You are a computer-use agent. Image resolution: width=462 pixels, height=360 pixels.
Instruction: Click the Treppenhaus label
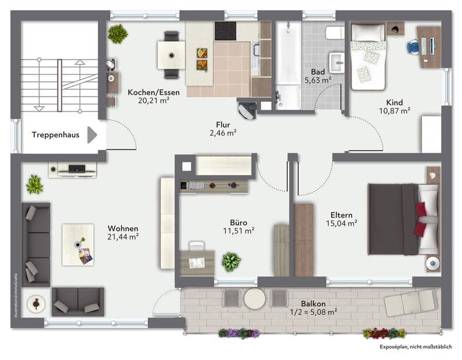pyautogui.click(x=55, y=135)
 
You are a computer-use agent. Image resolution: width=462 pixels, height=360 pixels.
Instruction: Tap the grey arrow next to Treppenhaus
pyautogui.click(x=92, y=135)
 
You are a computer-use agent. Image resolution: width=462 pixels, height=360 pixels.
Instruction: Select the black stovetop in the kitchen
pyautogui.click(x=225, y=31)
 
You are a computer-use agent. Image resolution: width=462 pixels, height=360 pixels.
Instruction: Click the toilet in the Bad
pyautogui.click(x=335, y=33)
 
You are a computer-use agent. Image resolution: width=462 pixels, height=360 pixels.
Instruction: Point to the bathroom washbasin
pyautogui.click(x=336, y=62)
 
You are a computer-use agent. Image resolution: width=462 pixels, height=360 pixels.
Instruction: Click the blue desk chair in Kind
pyautogui.click(x=413, y=47)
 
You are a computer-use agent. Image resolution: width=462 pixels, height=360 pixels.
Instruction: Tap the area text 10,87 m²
pyautogui.click(x=395, y=111)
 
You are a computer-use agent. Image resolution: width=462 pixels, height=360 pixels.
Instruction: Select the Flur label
pyautogui.click(x=223, y=124)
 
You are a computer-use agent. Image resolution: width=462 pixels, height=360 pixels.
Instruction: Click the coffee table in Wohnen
pyautogui.click(x=78, y=245)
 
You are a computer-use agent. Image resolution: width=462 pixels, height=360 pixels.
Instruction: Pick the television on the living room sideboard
pyautogui.click(x=77, y=169)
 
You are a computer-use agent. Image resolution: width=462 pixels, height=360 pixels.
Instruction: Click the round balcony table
pyautogui.click(x=255, y=298)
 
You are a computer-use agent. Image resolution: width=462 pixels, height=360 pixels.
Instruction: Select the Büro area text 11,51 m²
pyautogui.click(x=239, y=231)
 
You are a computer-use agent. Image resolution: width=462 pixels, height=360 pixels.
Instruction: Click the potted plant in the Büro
pyautogui.click(x=232, y=262)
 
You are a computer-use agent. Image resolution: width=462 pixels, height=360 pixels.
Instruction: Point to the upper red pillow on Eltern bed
pyautogui.click(x=421, y=209)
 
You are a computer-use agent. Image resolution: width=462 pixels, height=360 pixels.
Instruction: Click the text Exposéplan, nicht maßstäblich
pyautogui.click(x=415, y=347)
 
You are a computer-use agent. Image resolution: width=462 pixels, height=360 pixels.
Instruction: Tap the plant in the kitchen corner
pyautogui.click(x=118, y=34)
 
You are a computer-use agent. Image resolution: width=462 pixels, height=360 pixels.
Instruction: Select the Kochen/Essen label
pyautogui.click(x=154, y=92)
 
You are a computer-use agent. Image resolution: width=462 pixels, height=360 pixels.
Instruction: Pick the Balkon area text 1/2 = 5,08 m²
pyautogui.click(x=313, y=312)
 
